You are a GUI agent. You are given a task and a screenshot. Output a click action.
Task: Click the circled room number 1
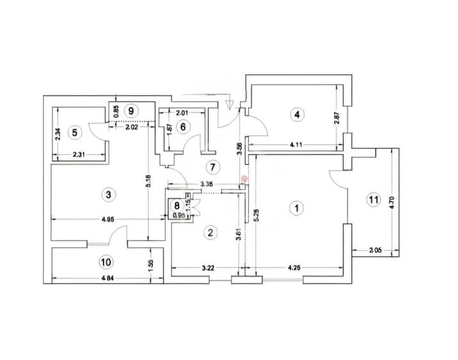tap(296, 207)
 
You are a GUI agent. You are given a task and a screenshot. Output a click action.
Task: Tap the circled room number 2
tap(210, 232)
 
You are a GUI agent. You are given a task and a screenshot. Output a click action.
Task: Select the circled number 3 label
tap(109, 194)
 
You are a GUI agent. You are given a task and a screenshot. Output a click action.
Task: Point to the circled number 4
tap(296, 115)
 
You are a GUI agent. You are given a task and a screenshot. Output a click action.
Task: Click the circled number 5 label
tap(75, 132)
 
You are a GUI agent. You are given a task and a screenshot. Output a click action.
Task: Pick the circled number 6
tap(183, 127)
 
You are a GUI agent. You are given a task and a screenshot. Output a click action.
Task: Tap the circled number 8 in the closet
tap(176, 206)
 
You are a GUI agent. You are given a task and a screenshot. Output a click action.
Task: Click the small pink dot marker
tap(244, 180)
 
